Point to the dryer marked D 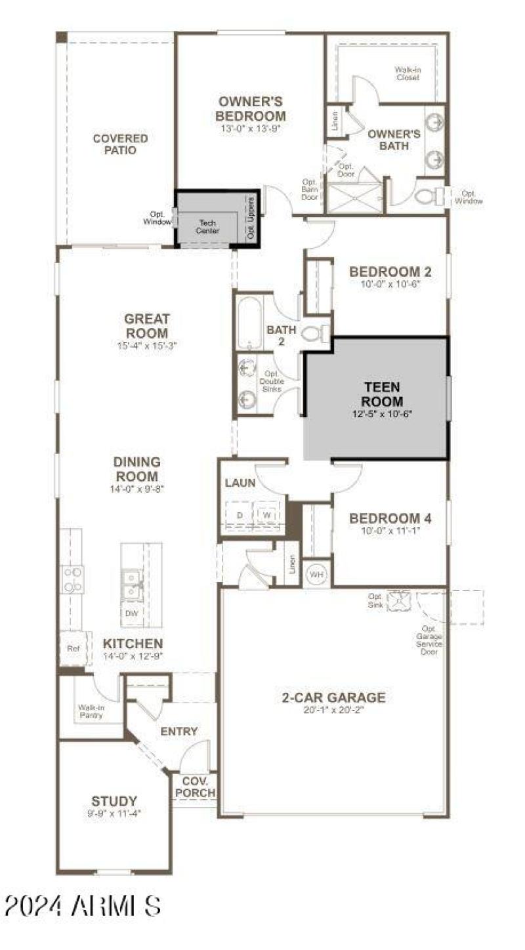pos(240,515)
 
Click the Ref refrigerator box pos(73,648)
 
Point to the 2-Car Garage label pos(333,697)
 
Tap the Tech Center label pos(208,227)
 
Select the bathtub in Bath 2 pos(249,322)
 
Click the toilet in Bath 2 pos(314,335)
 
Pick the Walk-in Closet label pos(407,73)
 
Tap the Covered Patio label pos(120,144)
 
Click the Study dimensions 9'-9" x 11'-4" pos(114,813)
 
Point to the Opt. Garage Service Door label pos(432,640)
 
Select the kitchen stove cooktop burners pos(72,579)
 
